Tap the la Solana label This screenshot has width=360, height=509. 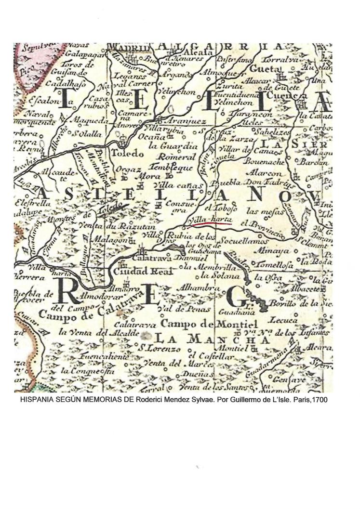tap(220, 276)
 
